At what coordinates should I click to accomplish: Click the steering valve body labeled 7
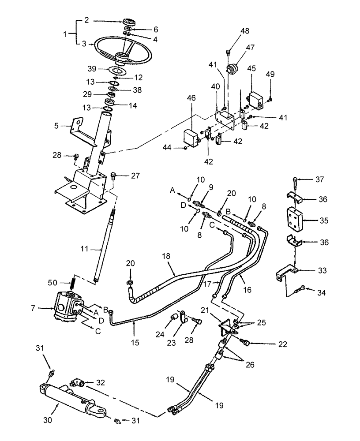point(67,304)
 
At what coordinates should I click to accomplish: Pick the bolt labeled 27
point(113,175)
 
